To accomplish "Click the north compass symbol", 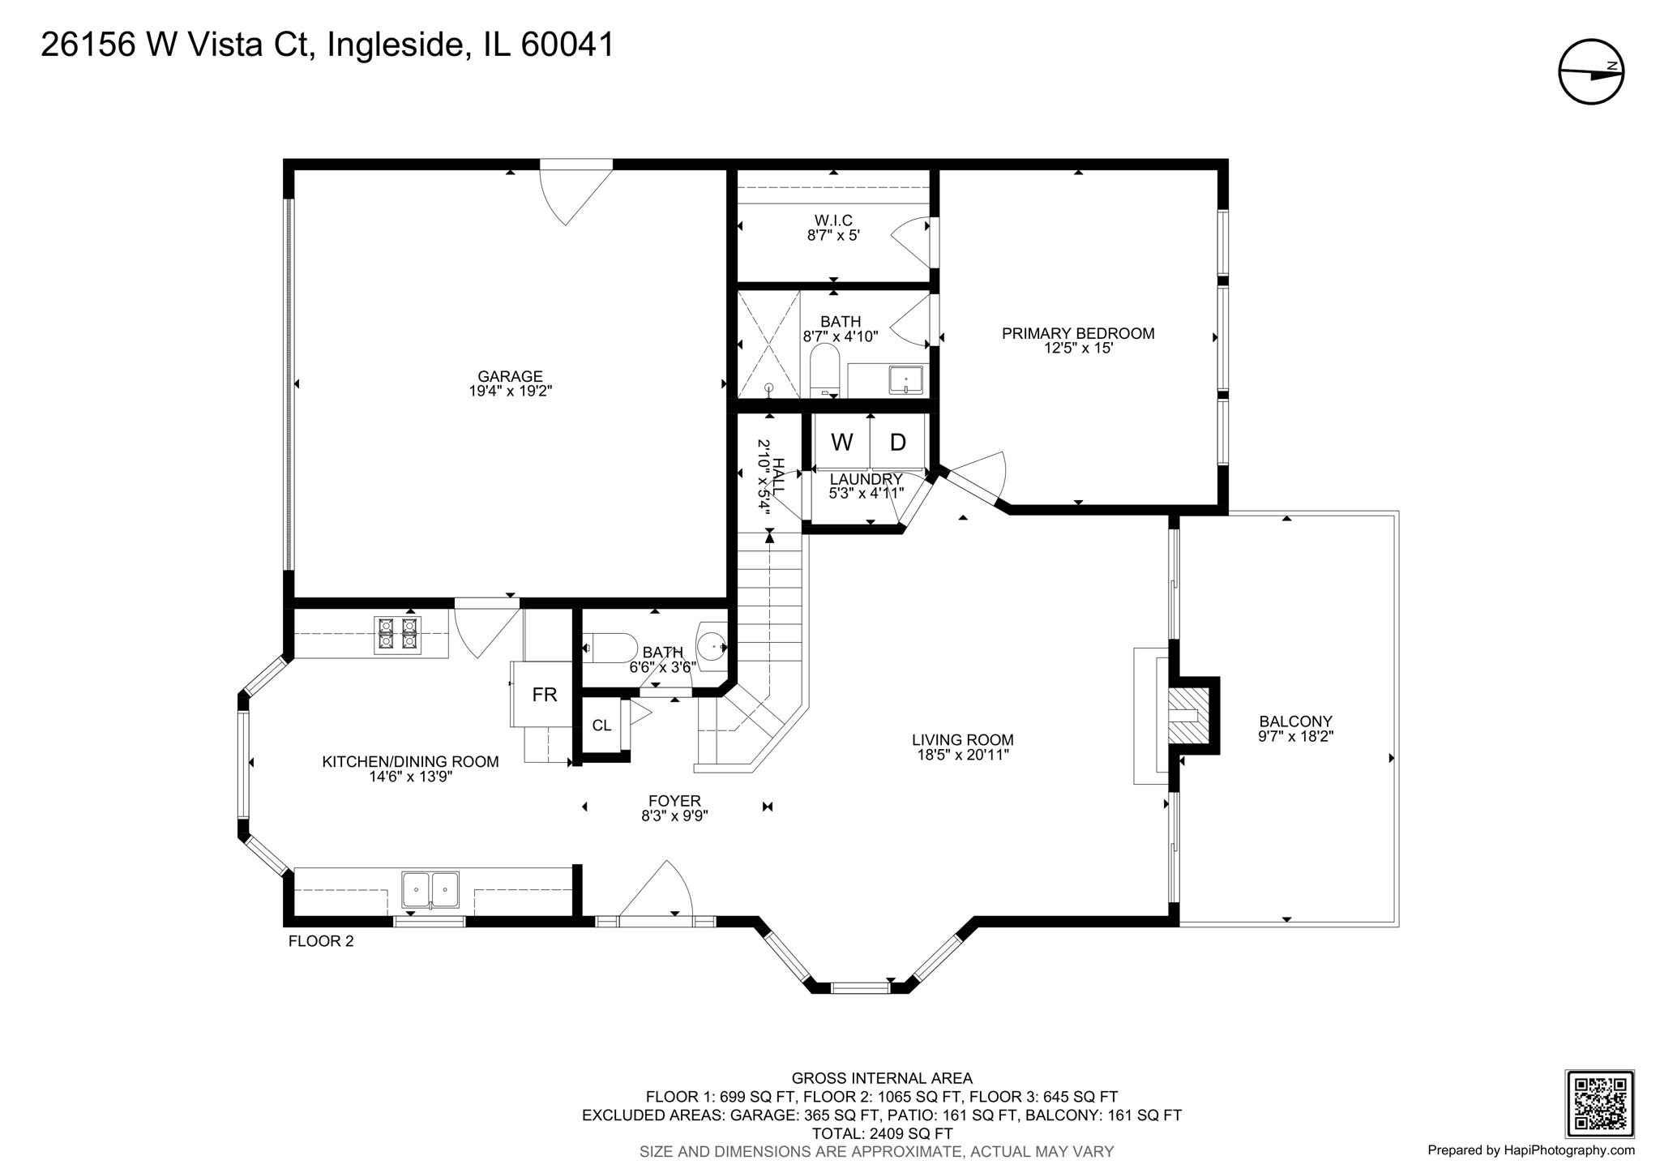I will [x=1591, y=71].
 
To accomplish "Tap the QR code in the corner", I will [x=1598, y=1103].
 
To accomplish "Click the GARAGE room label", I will [x=509, y=376].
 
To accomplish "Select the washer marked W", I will [x=841, y=443].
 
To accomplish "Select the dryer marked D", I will [x=897, y=443].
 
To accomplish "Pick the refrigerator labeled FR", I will [x=544, y=695].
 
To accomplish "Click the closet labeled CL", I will [x=601, y=726].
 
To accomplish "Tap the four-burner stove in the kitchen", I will [x=397, y=634].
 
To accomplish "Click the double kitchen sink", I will [x=430, y=890].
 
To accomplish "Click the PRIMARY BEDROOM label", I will [x=1077, y=333].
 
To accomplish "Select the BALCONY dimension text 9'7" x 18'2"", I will [x=1295, y=737].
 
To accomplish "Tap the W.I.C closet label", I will [x=833, y=220].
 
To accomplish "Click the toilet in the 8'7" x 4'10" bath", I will [x=824, y=370].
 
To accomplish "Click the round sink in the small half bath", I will [x=712, y=646].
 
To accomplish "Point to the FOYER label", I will [x=674, y=801].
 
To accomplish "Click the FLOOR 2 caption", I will [x=321, y=941].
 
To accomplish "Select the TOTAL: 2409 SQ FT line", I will [x=882, y=1133].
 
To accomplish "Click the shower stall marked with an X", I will [x=768, y=344].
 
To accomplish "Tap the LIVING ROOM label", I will [x=962, y=739].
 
